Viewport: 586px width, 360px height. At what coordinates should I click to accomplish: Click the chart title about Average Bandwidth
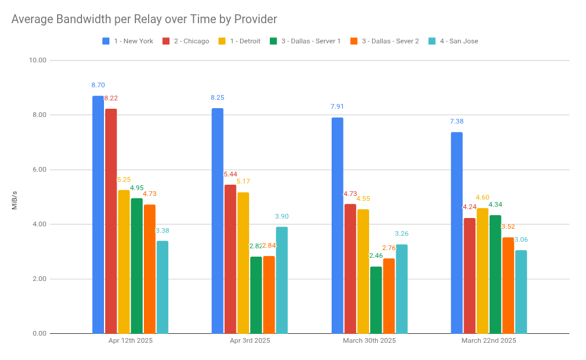144,20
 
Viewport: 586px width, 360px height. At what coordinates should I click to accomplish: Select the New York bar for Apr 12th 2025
98,214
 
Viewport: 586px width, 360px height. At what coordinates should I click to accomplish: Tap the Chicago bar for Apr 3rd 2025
230,258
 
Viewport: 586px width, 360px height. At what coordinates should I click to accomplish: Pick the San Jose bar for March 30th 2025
402,289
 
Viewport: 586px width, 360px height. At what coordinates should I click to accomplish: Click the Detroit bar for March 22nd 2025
482,270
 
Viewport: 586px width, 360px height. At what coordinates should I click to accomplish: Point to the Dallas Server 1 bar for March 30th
376,300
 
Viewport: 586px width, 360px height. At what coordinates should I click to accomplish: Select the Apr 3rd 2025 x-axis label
250,341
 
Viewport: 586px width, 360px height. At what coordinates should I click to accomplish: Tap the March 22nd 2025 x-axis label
489,341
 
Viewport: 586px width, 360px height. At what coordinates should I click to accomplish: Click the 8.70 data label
98,86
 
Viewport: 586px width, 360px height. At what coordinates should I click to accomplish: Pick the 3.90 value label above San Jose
282,217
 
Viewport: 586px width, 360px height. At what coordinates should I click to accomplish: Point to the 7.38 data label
456,122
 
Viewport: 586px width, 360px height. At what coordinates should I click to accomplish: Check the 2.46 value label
376,256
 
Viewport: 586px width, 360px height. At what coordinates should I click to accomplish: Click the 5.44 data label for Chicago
230,175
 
